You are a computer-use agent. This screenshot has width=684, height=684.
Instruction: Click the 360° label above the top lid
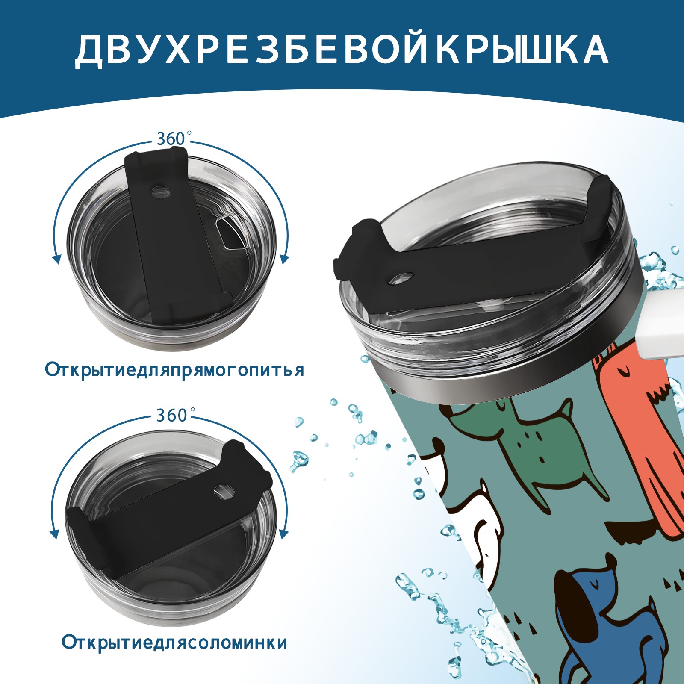[171, 139]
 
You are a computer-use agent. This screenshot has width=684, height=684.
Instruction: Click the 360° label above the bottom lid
[171, 415]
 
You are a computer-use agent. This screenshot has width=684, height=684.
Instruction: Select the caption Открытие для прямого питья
[174, 370]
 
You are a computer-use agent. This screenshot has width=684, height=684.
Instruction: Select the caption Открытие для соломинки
[174, 655]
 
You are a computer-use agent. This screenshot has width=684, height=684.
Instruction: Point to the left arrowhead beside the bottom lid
[55, 534]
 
